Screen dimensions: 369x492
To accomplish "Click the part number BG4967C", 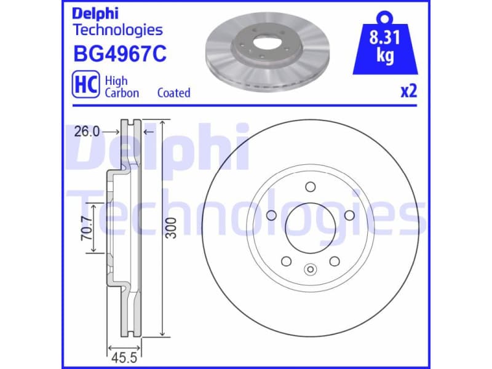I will click(120, 55).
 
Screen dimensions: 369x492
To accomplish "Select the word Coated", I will click(174, 93).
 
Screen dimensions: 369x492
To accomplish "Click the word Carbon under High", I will click(122, 93).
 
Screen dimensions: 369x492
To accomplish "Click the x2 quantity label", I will click(409, 92).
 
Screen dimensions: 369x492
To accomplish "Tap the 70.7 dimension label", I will click(87, 228).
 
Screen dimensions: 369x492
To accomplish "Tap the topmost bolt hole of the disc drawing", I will click(311, 187).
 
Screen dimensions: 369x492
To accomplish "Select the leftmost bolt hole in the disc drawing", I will click(271, 215).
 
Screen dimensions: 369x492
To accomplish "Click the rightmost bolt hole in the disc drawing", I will click(350, 215).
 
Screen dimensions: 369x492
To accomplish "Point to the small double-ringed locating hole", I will click(311, 268).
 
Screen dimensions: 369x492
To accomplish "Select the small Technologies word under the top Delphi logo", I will click(117, 29).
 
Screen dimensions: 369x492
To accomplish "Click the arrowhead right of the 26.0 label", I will click(116, 131).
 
